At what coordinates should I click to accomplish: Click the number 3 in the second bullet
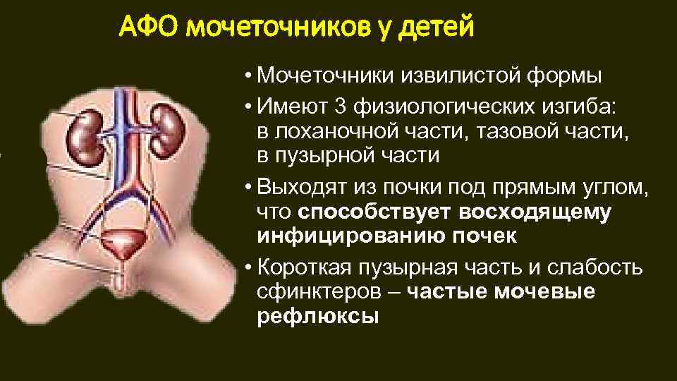pyautogui.click(x=339, y=107)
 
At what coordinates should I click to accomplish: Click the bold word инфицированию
pyautogui.click(x=342, y=236)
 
